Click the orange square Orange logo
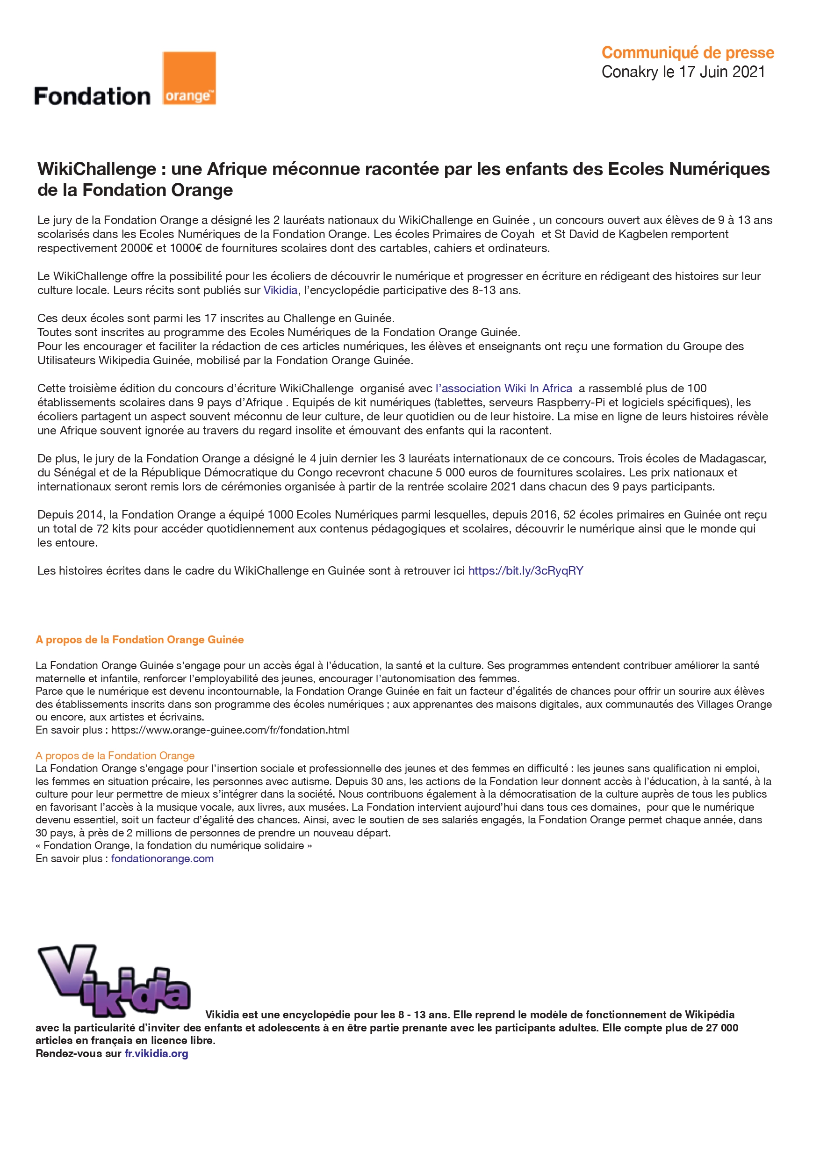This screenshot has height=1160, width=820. (x=189, y=78)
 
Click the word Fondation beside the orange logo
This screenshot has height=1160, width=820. (x=92, y=96)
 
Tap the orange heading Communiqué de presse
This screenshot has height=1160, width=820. (x=687, y=52)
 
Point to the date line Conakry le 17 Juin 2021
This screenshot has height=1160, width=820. (x=683, y=72)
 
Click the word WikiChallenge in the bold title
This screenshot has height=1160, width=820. (x=96, y=169)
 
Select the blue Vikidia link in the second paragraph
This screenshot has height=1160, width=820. (x=281, y=290)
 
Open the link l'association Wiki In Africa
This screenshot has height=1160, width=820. (x=504, y=389)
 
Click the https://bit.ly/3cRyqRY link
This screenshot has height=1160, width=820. (x=525, y=571)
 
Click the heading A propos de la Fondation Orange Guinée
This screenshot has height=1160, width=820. (x=139, y=640)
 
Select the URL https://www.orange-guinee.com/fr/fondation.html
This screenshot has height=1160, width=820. (x=230, y=730)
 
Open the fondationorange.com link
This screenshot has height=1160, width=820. (x=162, y=859)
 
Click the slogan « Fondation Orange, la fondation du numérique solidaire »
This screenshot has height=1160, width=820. (x=174, y=846)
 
